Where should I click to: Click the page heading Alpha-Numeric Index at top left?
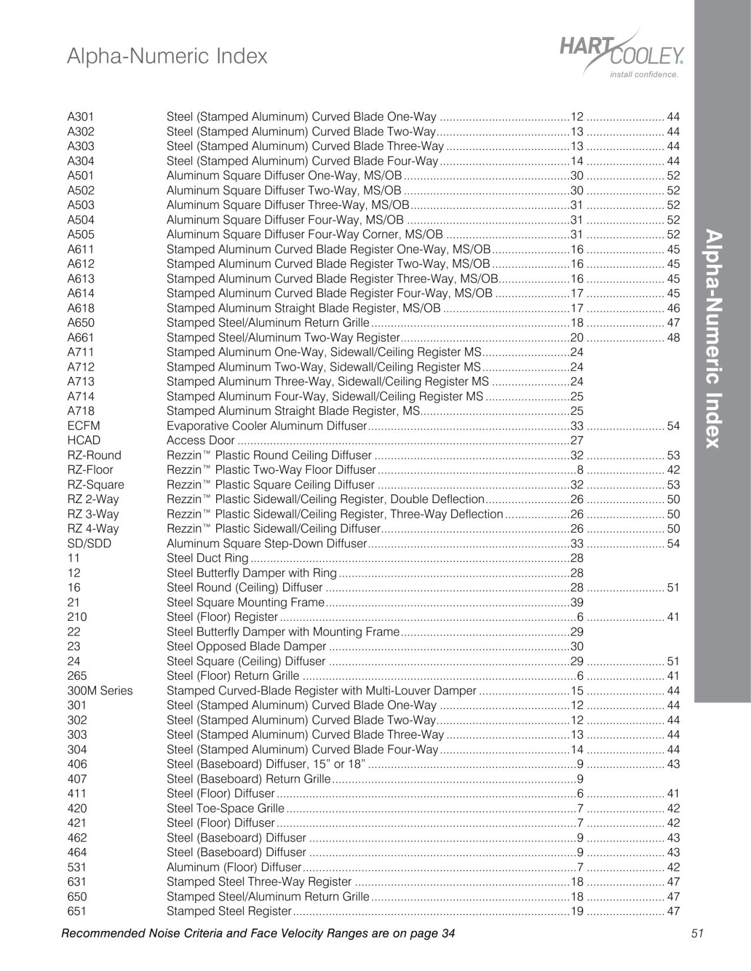(x=167, y=56)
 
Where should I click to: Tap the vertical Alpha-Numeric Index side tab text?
(x=713, y=339)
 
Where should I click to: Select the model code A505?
(x=81, y=234)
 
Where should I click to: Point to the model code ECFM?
(x=84, y=425)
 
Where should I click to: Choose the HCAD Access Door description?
(x=200, y=440)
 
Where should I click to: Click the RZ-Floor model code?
(x=90, y=470)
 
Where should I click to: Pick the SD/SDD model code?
(x=89, y=543)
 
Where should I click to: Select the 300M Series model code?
(x=100, y=690)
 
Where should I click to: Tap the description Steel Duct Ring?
(x=207, y=558)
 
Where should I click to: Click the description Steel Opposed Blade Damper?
(x=246, y=646)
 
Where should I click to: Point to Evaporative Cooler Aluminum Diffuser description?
(x=267, y=425)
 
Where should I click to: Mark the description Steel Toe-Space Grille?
(x=225, y=808)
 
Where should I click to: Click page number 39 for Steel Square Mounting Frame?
(x=577, y=602)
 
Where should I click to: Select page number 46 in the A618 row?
(x=673, y=308)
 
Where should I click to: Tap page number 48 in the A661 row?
(x=673, y=337)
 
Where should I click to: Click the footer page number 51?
(x=697, y=933)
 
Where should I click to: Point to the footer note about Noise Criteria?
(x=258, y=933)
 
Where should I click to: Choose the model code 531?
(x=77, y=867)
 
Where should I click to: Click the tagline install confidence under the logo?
(x=644, y=75)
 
